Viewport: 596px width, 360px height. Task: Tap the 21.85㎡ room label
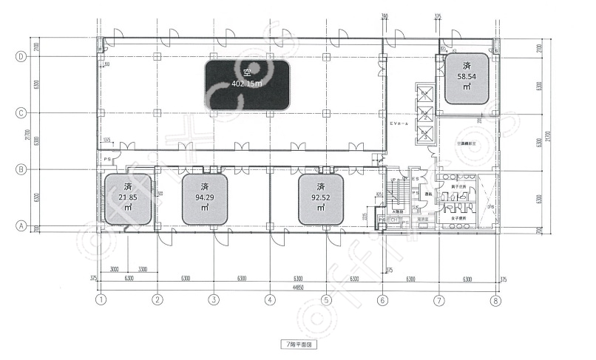pyautogui.click(x=129, y=198)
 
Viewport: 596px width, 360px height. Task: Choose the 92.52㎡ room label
pyautogui.click(x=321, y=198)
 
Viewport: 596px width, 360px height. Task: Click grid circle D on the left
pyautogui.click(x=22, y=56)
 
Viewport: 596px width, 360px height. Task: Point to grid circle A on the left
pyautogui.click(x=22, y=226)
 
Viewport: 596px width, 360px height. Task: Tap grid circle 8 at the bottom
pyautogui.click(x=495, y=300)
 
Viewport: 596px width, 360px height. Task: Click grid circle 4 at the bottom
pyautogui.click(x=270, y=300)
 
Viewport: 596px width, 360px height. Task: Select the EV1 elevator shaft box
pyautogui.click(x=426, y=94)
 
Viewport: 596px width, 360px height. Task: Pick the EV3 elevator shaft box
pyautogui.click(x=426, y=134)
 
